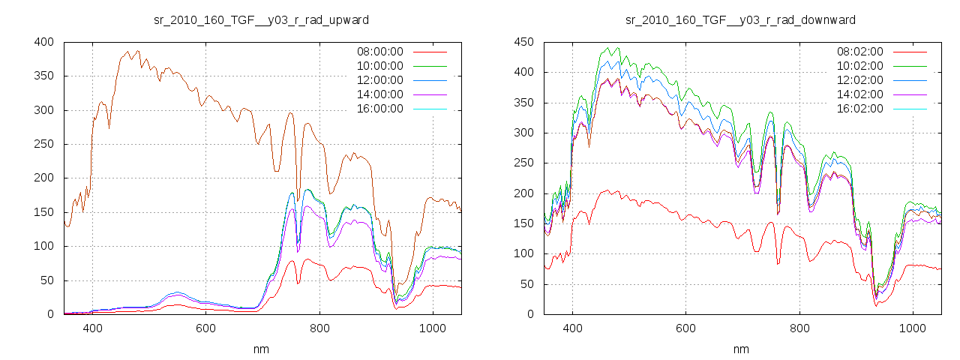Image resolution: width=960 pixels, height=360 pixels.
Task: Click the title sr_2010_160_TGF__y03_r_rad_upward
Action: point(261,19)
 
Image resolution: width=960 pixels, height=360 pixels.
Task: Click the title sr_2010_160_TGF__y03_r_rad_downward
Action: point(741,19)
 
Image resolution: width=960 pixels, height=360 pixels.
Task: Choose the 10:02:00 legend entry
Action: point(859,66)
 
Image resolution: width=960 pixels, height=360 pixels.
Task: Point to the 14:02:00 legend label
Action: point(859,94)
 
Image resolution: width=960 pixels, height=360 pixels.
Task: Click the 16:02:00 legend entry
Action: point(859,109)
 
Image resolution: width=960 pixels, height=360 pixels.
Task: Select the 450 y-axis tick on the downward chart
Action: point(523,42)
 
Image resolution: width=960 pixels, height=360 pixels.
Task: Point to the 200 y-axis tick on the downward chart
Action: point(523,193)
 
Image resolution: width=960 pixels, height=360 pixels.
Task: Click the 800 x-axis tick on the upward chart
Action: point(319,328)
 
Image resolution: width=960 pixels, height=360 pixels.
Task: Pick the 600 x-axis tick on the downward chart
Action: point(685,328)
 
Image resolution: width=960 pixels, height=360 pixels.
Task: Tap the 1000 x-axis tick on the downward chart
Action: point(913,328)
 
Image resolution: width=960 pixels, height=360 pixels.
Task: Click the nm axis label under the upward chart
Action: point(261,349)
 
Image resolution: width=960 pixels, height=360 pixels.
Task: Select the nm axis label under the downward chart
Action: point(741,349)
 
